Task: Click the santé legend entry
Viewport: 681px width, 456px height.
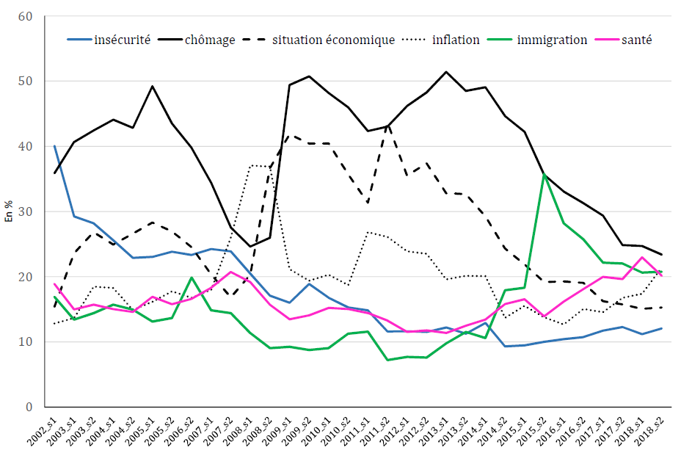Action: [636, 40]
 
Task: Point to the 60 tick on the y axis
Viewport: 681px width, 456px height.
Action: [25, 15]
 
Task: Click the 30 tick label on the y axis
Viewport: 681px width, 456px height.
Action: [25, 211]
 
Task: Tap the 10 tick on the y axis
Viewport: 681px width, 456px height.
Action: [25, 342]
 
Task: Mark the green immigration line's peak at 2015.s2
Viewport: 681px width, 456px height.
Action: [544, 174]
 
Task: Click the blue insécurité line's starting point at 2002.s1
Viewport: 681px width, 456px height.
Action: [54, 146]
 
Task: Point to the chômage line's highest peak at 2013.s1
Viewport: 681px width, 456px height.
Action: [446, 72]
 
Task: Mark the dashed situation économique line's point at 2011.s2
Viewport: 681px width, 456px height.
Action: [387, 125]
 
